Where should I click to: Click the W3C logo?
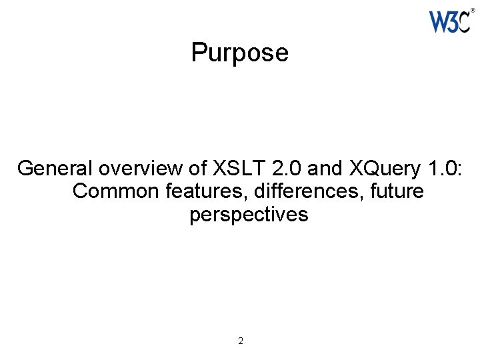(450, 21)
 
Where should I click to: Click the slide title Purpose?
(239, 53)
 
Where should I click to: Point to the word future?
(396, 191)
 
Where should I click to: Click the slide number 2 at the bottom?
(241, 341)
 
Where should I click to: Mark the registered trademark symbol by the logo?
(473, 11)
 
